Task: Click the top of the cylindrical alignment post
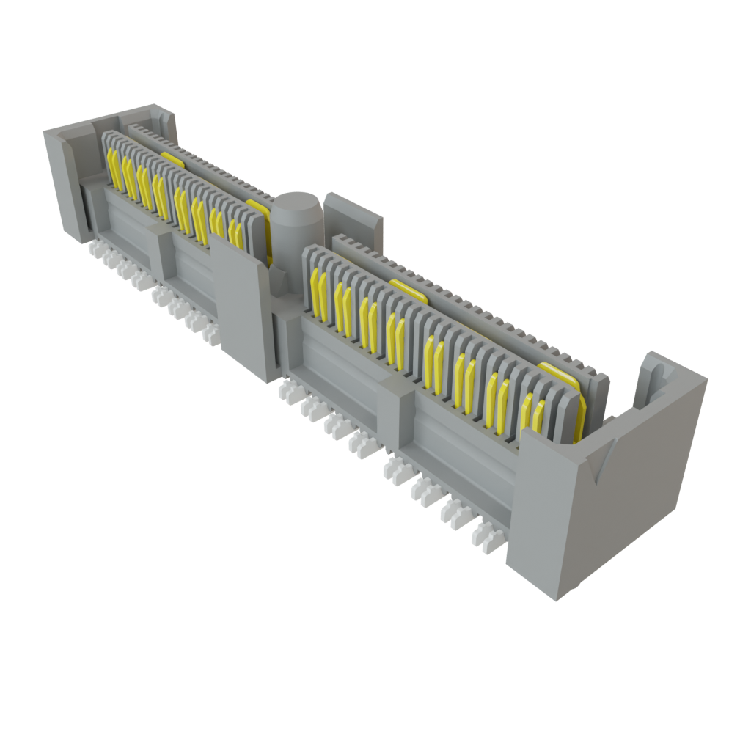tap(297, 201)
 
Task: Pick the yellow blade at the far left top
tap(173, 158)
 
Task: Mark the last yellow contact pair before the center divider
tap(235, 231)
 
